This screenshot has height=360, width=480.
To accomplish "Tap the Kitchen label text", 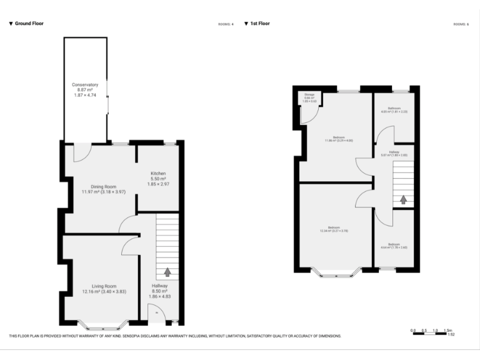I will click(157, 179).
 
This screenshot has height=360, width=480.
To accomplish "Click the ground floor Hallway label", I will click(159, 291).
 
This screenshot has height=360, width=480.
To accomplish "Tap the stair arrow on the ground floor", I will click(167, 272).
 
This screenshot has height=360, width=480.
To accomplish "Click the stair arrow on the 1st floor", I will click(403, 199).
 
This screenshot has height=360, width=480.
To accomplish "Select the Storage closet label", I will click(309, 97).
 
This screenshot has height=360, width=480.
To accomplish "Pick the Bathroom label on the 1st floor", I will click(394, 110).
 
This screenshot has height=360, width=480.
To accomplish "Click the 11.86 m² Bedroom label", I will click(339, 139).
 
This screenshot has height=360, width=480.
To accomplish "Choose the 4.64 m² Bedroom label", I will click(394, 246).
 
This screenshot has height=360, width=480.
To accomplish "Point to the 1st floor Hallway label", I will click(394, 153).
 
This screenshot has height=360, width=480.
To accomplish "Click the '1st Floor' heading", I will click(259, 23).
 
